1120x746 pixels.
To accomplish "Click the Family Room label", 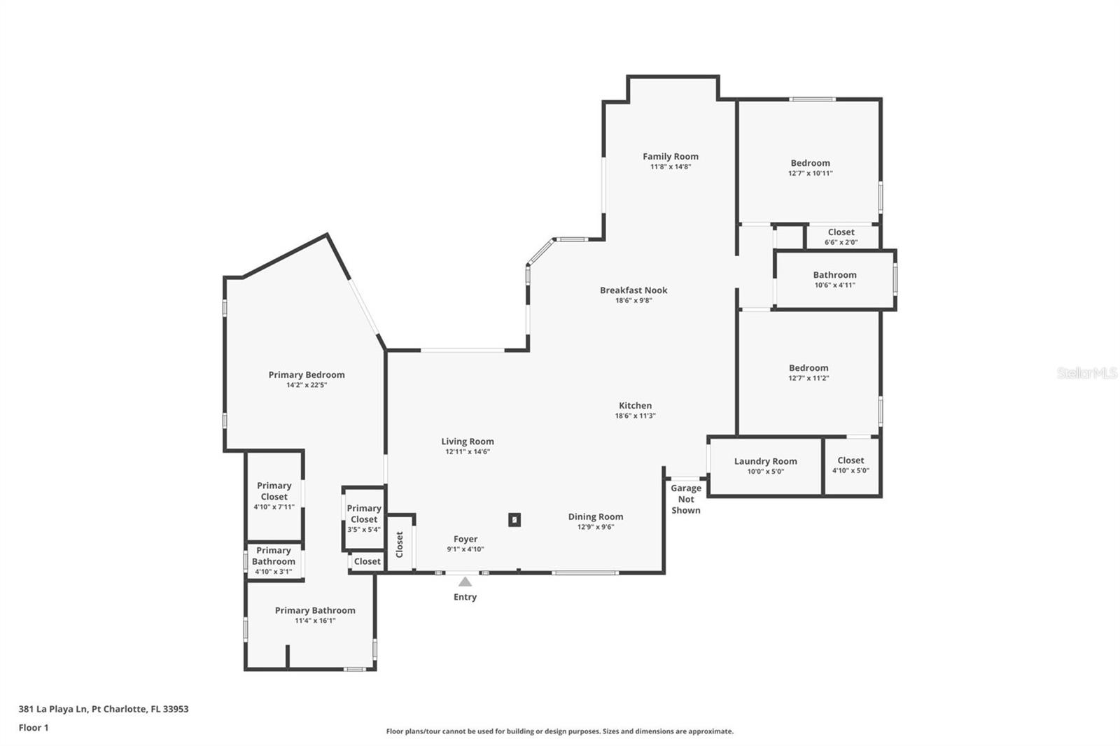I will (x=670, y=157).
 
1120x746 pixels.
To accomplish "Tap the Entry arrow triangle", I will (x=465, y=582).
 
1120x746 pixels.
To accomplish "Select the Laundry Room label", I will (x=765, y=461).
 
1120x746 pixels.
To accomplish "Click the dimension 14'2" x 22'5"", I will (x=307, y=385).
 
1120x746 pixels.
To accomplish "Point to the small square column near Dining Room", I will (x=514, y=520).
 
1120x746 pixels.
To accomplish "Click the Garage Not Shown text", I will (x=685, y=499).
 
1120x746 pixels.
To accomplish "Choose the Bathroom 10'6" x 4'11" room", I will (x=834, y=280).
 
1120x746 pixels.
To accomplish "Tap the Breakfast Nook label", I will (x=633, y=290).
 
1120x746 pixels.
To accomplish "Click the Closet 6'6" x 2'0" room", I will (x=841, y=237).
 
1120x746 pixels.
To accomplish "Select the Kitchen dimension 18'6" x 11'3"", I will (x=635, y=416).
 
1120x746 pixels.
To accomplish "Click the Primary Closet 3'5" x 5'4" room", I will (x=363, y=519).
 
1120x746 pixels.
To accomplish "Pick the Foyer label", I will (x=465, y=539).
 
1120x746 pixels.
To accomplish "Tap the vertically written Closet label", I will (x=400, y=544).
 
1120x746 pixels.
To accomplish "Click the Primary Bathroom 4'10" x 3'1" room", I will (x=274, y=561).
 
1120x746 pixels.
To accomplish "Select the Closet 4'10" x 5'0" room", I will (x=850, y=465).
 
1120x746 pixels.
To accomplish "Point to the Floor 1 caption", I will (x=34, y=727).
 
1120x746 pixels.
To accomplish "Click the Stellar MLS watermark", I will (x=1086, y=373).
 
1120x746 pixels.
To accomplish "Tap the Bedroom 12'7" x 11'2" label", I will (x=808, y=368).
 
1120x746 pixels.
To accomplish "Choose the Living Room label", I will (x=467, y=442).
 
